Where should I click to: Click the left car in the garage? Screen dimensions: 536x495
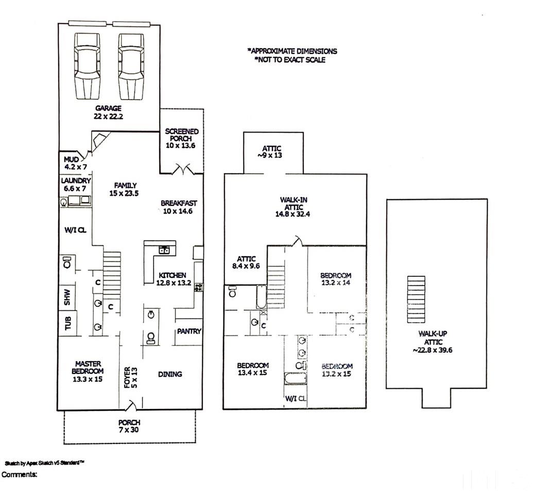(87, 66)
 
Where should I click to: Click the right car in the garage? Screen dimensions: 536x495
(132, 66)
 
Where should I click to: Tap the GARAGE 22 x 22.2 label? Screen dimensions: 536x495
(108, 112)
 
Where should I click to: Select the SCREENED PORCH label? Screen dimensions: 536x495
(182, 135)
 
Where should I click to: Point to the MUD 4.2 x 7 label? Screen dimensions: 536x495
(75, 163)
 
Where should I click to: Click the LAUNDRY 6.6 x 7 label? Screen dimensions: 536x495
(76, 185)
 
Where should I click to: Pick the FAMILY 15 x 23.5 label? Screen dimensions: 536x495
(124, 189)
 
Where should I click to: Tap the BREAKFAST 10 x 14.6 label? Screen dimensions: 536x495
(179, 207)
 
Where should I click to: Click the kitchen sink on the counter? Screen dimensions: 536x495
(164, 250)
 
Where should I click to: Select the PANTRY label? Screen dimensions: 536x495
(188, 332)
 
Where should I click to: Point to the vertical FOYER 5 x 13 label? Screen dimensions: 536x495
(131, 377)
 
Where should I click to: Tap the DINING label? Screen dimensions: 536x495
(170, 374)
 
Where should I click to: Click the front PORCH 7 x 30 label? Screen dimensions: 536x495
(129, 426)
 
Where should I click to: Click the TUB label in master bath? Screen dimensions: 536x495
(68, 323)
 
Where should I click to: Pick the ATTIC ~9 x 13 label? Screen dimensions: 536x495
(272, 152)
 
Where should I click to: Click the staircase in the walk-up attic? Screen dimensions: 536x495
(416, 300)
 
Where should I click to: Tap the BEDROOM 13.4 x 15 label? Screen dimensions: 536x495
(253, 369)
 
